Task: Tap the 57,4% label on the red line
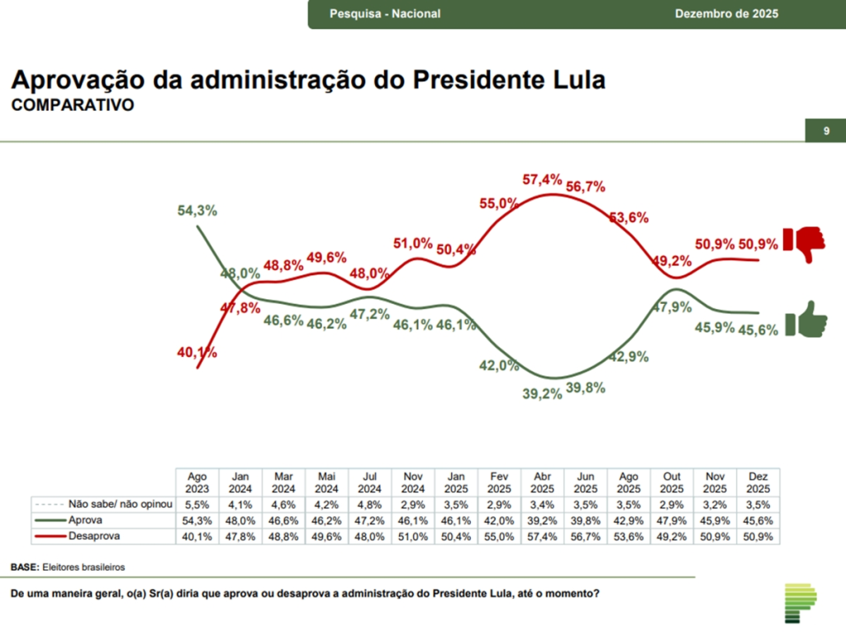(x=542, y=179)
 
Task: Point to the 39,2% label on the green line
(x=542, y=393)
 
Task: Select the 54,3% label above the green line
(x=197, y=211)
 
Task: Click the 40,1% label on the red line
(x=197, y=353)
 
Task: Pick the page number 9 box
(x=825, y=131)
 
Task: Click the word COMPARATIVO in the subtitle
(x=72, y=106)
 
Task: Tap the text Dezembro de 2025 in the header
(x=726, y=14)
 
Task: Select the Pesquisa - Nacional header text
(x=385, y=14)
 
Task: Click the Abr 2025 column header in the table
(x=542, y=483)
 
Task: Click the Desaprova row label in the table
(x=94, y=535)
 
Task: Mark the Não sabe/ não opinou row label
(x=120, y=504)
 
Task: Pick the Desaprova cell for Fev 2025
(x=499, y=535)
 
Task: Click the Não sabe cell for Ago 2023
(x=197, y=504)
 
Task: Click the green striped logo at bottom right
(x=799, y=602)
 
